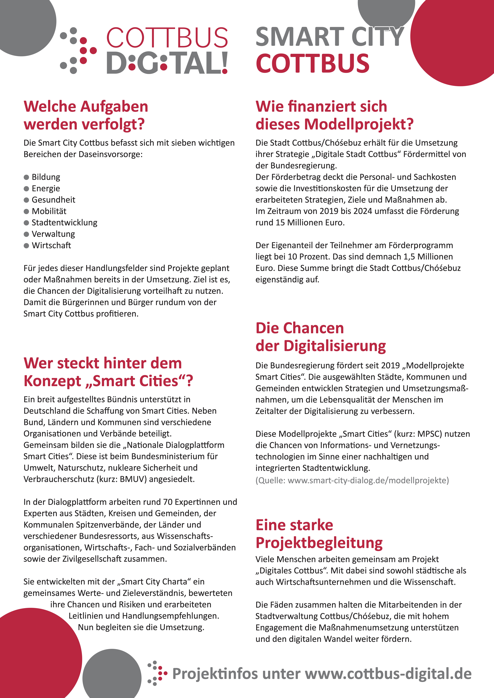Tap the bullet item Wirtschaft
pyautogui.click(x=51, y=245)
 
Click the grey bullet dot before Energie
pyautogui.click(x=26, y=188)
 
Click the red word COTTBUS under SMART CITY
pyautogui.click(x=312, y=63)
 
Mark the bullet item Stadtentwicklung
pyautogui.click(x=64, y=222)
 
